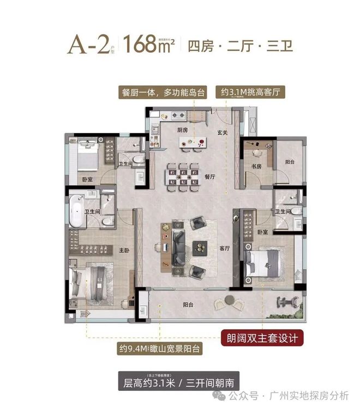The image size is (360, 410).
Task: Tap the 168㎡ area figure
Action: coord(149,44)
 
